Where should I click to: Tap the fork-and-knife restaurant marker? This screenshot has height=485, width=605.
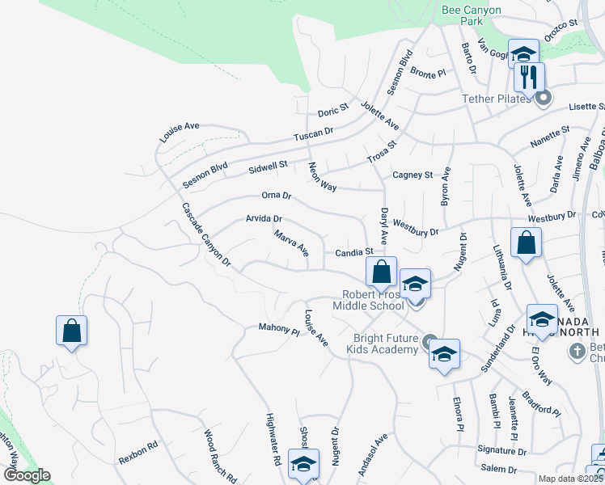click(529, 78)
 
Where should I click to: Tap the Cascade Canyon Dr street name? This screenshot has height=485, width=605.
click(206, 235)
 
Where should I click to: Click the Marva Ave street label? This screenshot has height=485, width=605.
click(291, 244)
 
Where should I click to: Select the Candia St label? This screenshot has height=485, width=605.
click(353, 253)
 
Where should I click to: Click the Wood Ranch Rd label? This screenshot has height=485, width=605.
click(220, 455)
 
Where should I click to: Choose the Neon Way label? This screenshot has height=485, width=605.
click(322, 176)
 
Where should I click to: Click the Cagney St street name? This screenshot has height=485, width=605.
click(412, 175)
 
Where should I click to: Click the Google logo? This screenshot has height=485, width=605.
click(26, 475)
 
